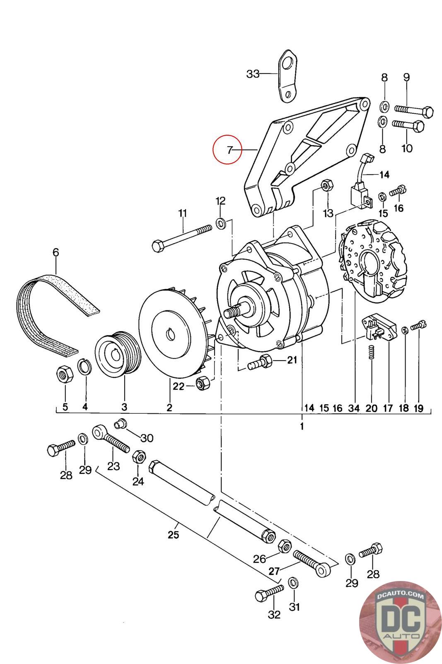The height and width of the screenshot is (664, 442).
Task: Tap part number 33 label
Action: pyautogui.click(x=253, y=74)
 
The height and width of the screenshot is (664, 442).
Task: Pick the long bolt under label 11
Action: pyautogui.click(x=182, y=238)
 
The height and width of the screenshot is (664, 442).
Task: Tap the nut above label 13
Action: pyautogui.click(x=327, y=186)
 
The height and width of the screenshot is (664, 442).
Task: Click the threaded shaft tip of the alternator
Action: pyautogui.click(x=231, y=313)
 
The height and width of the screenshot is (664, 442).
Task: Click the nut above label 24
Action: pyautogui.click(x=139, y=457)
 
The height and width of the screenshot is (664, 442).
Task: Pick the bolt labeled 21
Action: pyautogui.click(x=260, y=362)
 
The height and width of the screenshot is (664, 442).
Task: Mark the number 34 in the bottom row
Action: pyautogui.click(x=354, y=408)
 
